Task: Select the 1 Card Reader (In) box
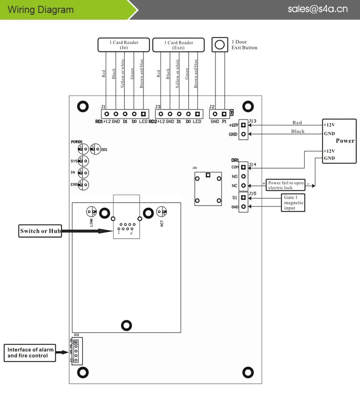pos(124,45)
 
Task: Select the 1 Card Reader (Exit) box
pos(178,45)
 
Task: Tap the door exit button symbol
pos(219,45)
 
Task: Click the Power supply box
pos(339,141)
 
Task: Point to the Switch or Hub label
pos(41,231)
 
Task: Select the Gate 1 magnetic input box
pos(294,203)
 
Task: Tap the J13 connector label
pos(252,122)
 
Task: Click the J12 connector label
pos(76,334)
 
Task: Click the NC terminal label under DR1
pos(235,185)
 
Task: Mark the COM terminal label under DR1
pos(235,167)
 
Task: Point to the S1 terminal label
pos(235,197)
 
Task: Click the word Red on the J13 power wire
pos(297,123)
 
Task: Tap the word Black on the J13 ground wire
pos(298,132)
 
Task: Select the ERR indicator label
pos(74,184)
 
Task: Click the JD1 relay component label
pos(194,168)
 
